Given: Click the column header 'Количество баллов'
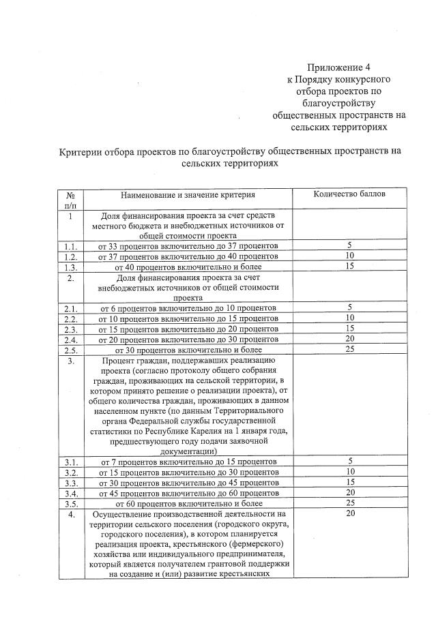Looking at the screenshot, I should click(349, 194).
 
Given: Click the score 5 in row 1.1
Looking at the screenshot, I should click(349, 245).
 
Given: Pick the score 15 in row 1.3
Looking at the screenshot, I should click(349, 266).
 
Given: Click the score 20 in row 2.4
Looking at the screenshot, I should click(349, 339).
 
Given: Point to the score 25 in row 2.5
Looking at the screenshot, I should click(349, 349).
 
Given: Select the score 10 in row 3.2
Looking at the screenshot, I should click(349, 471).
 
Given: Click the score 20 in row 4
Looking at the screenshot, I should click(349, 513).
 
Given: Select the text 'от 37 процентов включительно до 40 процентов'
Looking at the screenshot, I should click(187, 256).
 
